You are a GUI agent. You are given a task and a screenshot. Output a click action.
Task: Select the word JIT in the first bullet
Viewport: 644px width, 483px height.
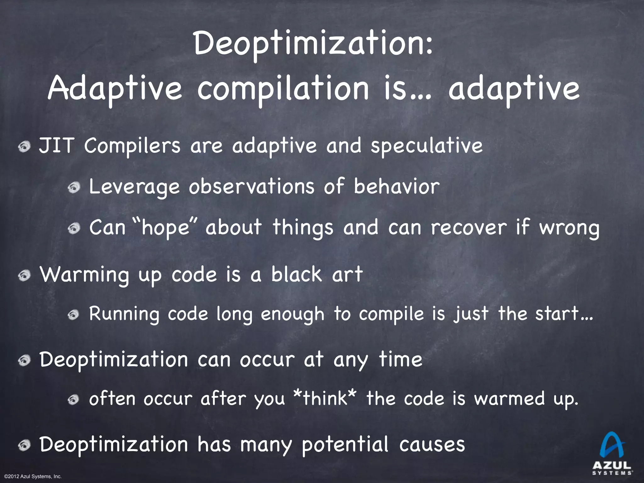[x=57, y=146]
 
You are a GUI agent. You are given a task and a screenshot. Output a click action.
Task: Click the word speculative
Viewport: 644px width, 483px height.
[x=427, y=147]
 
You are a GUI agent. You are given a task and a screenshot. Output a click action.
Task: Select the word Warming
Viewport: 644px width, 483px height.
[x=84, y=275]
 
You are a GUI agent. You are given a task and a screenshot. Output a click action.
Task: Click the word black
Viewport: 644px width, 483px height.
[x=297, y=274]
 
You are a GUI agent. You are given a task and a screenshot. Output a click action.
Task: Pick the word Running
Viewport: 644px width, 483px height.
[x=124, y=314]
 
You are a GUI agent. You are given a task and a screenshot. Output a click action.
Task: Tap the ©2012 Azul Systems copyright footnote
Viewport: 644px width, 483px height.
[x=33, y=477]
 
